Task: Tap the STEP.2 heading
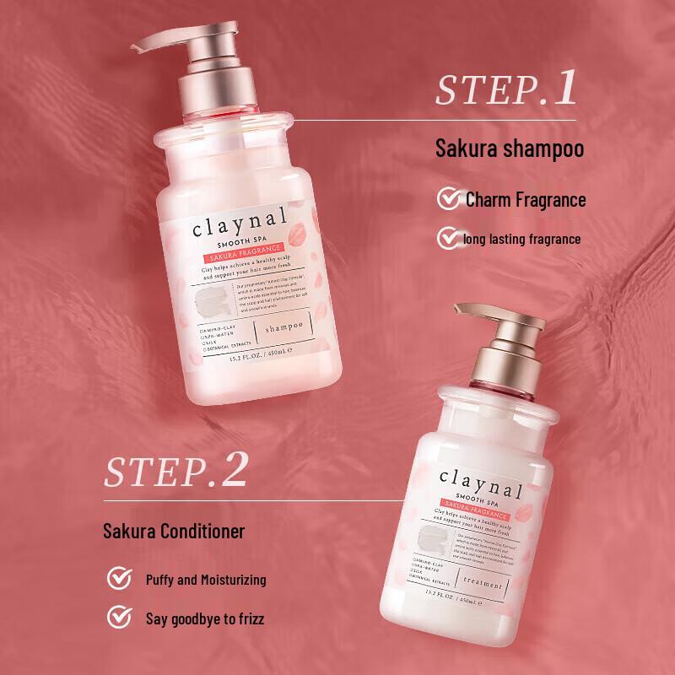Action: (x=175, y=473)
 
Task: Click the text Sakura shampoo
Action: (x=510, y=150)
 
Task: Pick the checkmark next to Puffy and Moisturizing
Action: (x=120, y=580)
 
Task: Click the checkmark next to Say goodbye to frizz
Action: (x=120, y=618)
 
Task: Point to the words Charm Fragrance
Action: (x=525, y=200)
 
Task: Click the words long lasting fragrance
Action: (x=522, y=239)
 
